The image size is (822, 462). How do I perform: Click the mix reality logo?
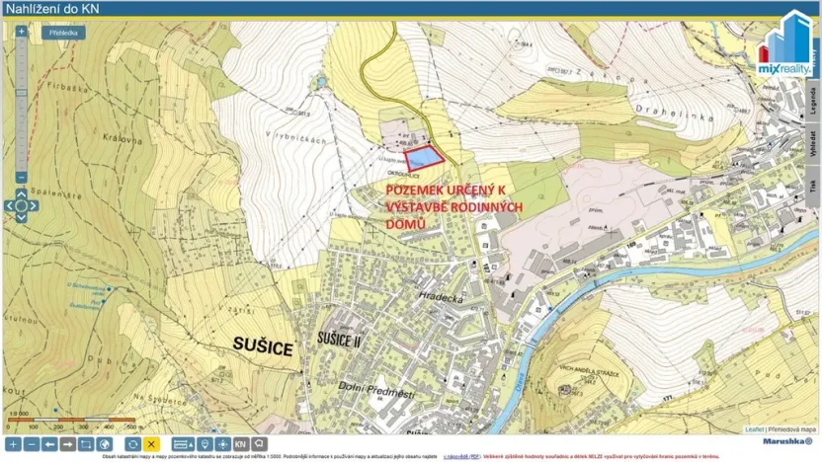[783, 44]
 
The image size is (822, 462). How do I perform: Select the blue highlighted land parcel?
[425, 156]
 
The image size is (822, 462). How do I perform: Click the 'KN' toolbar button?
[240, 444]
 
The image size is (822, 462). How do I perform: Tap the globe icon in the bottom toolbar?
[105, 444]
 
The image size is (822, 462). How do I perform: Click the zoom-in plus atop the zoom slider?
[22, 32]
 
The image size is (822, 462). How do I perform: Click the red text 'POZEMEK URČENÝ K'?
[445, 189]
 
